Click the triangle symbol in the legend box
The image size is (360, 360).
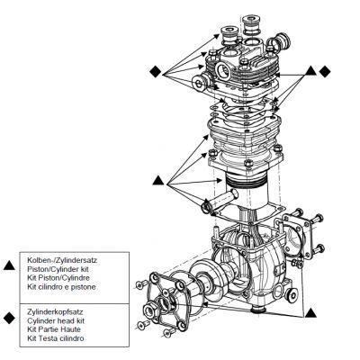(x=9, y=265)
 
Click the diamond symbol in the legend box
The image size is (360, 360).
(x=9, y=318)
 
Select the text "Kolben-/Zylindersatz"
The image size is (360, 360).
(x=62, y=260)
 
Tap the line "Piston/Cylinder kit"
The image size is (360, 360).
(x=58, y=269)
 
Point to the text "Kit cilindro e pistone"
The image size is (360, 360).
(x=61, y=286)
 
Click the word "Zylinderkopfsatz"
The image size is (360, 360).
(x=55, y=312)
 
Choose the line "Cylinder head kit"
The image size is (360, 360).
(x=56, y=320)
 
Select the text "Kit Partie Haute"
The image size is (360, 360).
(x=54, y=329)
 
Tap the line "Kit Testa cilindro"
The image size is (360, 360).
(x=56, y=338)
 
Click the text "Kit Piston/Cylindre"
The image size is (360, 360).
(x=58, y=277)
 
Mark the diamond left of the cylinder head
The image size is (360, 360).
(x=156, y=71)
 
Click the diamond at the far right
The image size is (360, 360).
(x=325, y=71)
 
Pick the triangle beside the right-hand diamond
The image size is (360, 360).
(x=310, y=71)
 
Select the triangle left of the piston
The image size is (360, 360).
(x=158, y=181)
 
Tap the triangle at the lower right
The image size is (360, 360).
(x=310, y=313)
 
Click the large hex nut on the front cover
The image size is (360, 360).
(x=151, y=310)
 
